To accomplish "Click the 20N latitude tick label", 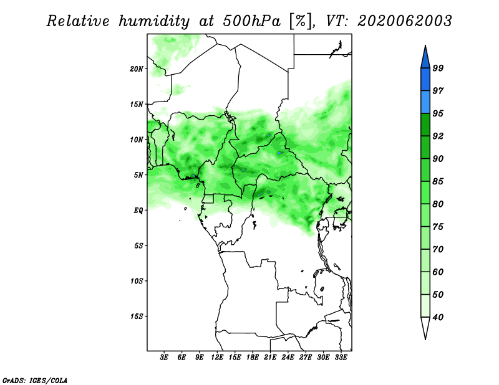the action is tap(137, 69).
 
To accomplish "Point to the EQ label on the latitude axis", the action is tap(138, 211).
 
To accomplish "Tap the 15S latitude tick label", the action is tap(137, 316).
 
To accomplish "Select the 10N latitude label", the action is tap(137, 140).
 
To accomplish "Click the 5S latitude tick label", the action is tap(138, 245).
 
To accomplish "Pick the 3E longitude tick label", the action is tap(164, 358).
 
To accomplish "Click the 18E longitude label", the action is tap(253, 358).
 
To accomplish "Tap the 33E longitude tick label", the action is tap(341, 358).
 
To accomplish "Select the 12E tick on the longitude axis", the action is tap(217, 358).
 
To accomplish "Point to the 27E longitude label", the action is tap(306, 358).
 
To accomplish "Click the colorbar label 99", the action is tap(438, 68).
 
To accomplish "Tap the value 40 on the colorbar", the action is tap(438, 317).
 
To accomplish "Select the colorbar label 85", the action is tap(438, 181).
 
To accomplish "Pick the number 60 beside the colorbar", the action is tap(438, 272).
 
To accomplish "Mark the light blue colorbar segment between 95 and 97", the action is tap(425, 102).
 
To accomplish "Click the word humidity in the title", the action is tap(154, 21).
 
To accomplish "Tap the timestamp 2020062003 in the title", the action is tap(404, 21).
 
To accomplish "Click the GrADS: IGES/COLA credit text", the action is tap(35, 380).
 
